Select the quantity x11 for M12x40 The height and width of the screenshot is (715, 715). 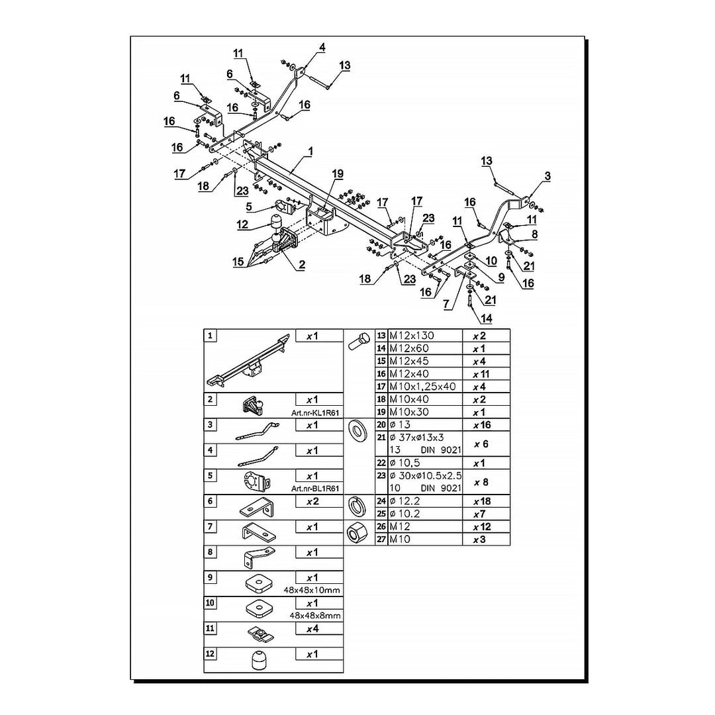pyautogui.click(x=481, y=374)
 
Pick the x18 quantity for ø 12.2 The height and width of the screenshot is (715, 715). pyautogui.click(x=481, y=501)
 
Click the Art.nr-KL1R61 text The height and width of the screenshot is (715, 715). pyautogui.click(x=316, y=412)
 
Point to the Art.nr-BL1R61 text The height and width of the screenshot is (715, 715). pyautogui.click(x=316, y=489)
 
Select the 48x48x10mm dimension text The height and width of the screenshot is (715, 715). pyautogui.click(x=316, y=590)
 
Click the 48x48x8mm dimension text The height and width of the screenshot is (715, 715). pyautogui.click(x=316, y=615)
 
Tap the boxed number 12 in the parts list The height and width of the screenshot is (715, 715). pyautogui.click(x=211, y=653)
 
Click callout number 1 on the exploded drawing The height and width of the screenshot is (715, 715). pyautogui.click(x=310, y=152)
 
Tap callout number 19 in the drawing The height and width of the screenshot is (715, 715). pyautogui.click(x=338, y=174)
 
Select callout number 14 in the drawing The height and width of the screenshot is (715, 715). pyautogui.click(x=487, y=318)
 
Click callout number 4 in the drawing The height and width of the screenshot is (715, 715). pyautogui.click(x=322, y=47)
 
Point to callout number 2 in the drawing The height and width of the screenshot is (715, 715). pyautogui.click(x=301, y=265)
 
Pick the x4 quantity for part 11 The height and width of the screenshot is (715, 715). pyautogui.click(x=312, y=628)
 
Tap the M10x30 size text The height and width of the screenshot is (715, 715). pyautogui.click(x=409, y=412)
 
